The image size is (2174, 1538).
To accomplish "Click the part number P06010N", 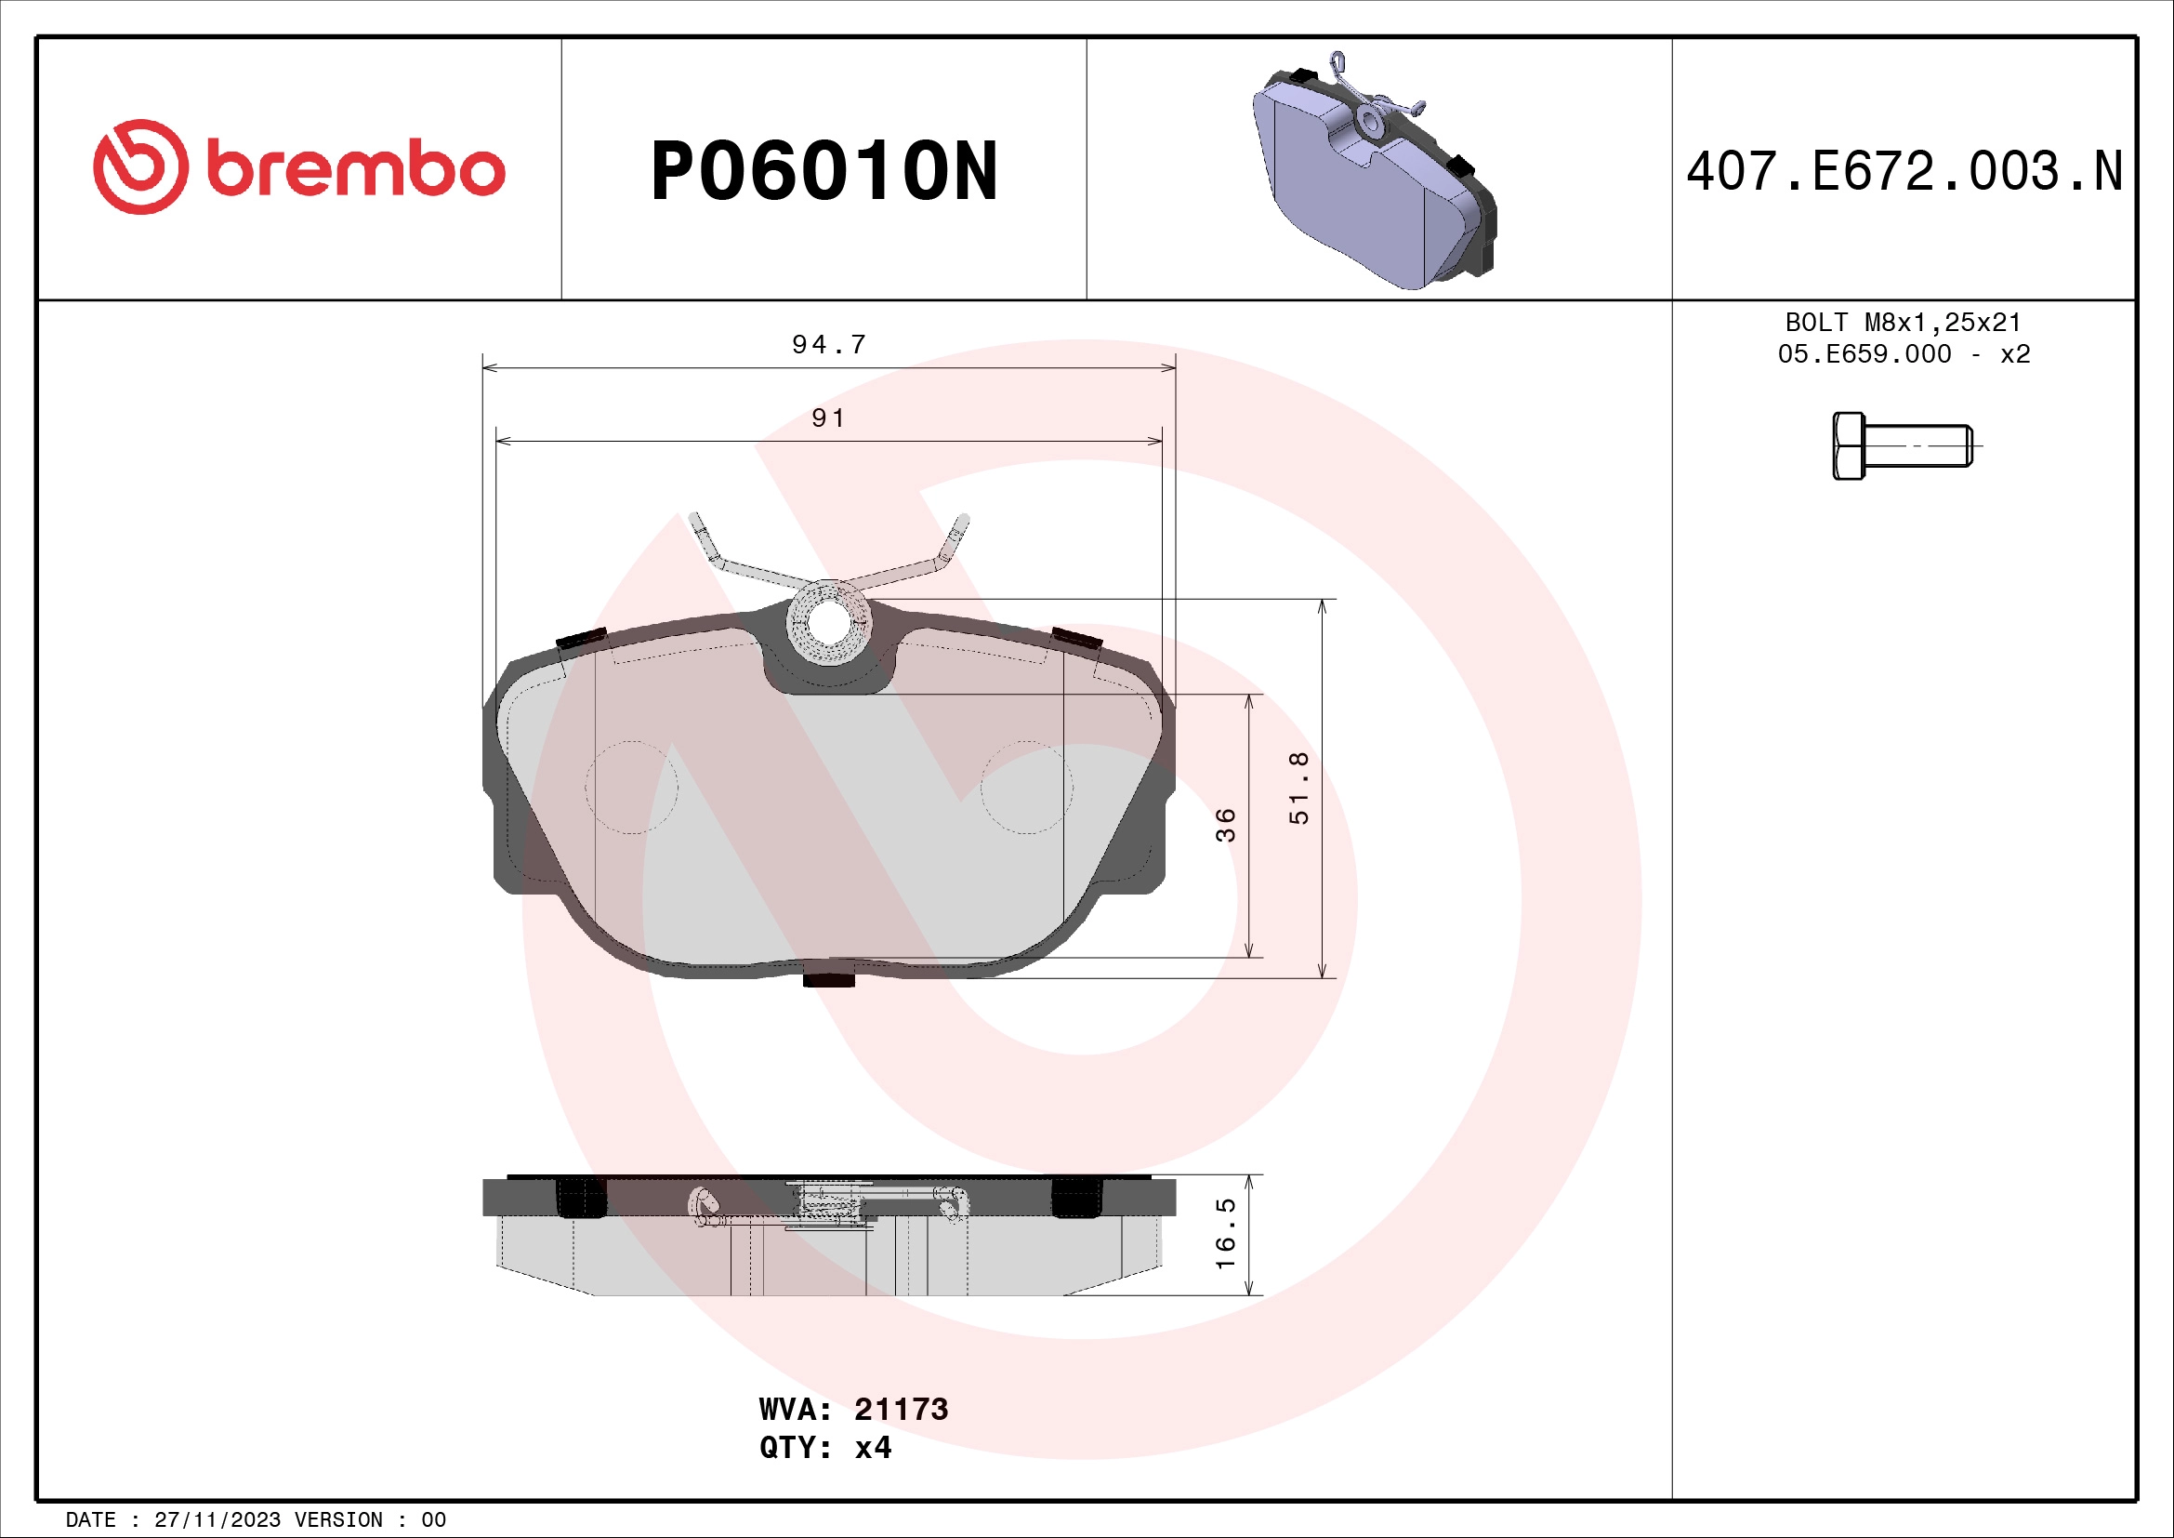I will [823, 171].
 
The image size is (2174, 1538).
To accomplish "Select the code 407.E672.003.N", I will [1904, 171].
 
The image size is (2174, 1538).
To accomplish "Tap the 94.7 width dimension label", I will [828, 345].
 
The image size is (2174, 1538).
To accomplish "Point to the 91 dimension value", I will [828, 418].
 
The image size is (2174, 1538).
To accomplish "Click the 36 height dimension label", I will [1225, 825].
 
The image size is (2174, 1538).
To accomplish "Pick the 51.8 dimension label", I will [1299, 788].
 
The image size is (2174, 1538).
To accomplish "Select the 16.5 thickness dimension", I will [1225, 1234].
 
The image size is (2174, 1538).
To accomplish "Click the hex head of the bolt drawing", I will [1849, 446].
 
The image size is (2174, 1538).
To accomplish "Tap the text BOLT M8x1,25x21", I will [1904, 323].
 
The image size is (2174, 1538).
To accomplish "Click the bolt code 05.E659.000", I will [1864, 354].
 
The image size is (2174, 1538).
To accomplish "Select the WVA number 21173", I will [901, 1409].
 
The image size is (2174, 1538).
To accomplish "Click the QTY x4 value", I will [873, 1448].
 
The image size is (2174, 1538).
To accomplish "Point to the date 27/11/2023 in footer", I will [217, 1520].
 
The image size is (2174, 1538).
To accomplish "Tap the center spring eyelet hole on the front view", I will [828, 622].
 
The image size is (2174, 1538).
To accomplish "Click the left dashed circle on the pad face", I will [631, 787].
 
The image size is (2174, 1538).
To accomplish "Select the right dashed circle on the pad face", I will [1026, 787].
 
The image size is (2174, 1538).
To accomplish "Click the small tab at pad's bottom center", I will [828, 980].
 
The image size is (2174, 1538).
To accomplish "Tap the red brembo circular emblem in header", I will [140, 166].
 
